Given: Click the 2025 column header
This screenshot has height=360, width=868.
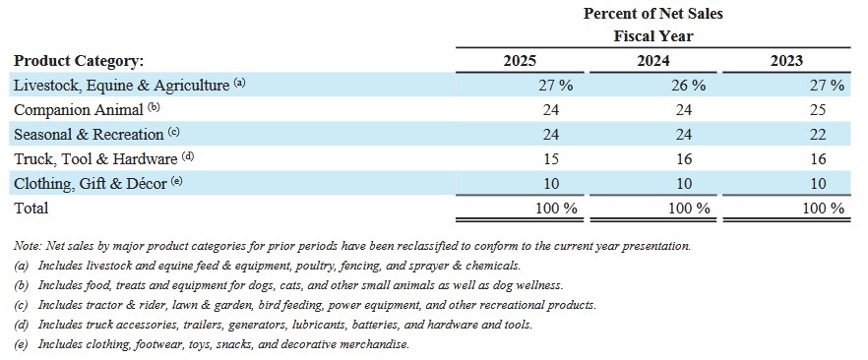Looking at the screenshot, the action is (x=520, y=60).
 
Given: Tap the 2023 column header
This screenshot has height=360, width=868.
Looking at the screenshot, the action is (x=786, y=60).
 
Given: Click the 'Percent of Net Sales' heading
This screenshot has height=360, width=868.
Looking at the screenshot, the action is (x=653, y=13).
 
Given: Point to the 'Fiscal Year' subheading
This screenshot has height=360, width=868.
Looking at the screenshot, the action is (x=653, y=36).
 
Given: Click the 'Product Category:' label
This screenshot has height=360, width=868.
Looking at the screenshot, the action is (x=79, y=61).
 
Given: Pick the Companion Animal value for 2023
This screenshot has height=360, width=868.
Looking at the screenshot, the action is (x=817, y=109).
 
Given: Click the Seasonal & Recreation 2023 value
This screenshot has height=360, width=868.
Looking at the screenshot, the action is (x=817, y=135).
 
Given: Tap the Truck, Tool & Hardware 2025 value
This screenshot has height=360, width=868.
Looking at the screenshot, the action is (x=551, y=159).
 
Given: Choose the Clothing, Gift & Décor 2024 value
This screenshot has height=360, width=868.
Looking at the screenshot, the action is (x=684, y=184).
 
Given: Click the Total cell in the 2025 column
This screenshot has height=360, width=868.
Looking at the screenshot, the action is (x=556, y=209).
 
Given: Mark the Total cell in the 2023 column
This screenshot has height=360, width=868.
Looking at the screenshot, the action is (x=823, y=209).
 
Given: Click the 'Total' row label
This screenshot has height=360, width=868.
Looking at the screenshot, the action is (x=31, y=208).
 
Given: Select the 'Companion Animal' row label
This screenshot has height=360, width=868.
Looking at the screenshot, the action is (x=78, y=110).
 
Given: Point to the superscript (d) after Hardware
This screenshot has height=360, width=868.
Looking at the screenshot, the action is (x=188, y=156).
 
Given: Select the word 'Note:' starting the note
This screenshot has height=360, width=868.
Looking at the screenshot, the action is (x=29, y=246).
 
